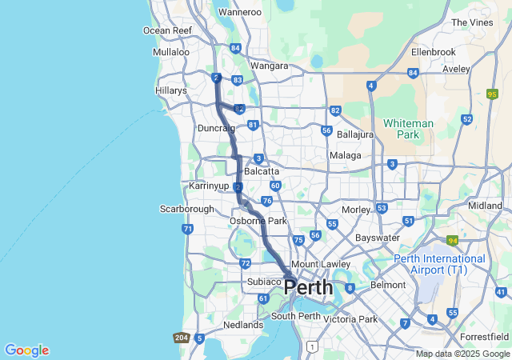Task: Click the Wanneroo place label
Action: (x=240, y=12)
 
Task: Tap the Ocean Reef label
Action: (x=167, y=30)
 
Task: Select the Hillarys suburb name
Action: (x=170, y=90)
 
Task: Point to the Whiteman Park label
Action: (x=408, y=130)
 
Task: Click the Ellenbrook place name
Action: (x=433, y=52)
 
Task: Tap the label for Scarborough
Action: (x=187, y=209)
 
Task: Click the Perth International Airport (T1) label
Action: (x=439, y=264)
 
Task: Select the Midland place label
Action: (x=485, y=206)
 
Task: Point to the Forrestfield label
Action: (x=485, y=337)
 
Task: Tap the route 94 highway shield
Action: (x=452, y=240)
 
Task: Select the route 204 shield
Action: (x=181, y=338)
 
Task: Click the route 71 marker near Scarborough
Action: (x=187, y=229)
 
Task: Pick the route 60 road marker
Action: (x=274, y=186)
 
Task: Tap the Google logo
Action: (x=26, y=350)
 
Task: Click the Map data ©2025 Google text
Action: (x=462, y=354)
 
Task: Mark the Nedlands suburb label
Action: (x=242, y=325)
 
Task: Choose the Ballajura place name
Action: (x=355, y=134)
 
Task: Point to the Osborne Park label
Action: (x=258, y=220)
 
